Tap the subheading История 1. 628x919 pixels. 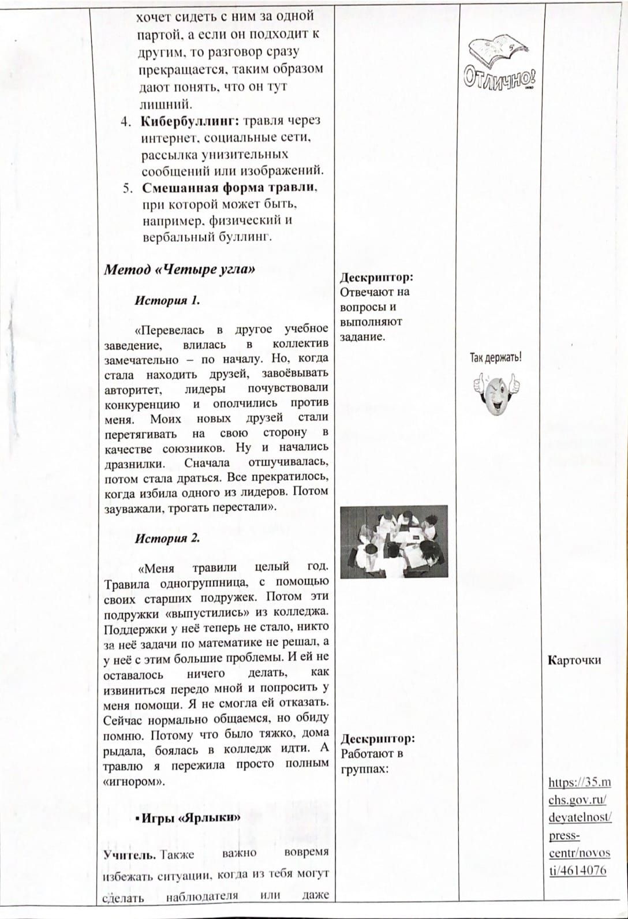coord(167,301)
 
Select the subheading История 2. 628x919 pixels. coord(167,539)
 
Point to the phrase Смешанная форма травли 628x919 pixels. coord(229,188)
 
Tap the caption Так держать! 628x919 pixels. coord(495,358)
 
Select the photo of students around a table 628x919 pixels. coord(394,541)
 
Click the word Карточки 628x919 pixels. coord(574,660)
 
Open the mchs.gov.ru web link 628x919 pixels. coord(580,825)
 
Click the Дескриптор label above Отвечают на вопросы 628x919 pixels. coord(376,277)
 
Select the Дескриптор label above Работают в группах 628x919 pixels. coord(378,739)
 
